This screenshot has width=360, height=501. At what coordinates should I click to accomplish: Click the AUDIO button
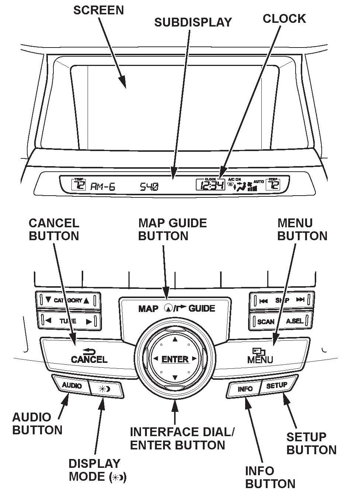point(72,385)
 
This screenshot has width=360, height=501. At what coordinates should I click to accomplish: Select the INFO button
point(245,389)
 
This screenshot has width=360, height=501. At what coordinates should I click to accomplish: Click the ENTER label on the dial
point(175,359)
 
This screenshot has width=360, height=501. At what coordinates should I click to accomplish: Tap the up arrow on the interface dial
point(175,339)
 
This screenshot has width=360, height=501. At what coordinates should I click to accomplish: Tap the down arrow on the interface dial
point(175,378)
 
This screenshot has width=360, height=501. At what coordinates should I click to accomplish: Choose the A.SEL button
point(294,321)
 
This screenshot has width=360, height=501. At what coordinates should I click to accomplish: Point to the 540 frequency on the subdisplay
point(149,187)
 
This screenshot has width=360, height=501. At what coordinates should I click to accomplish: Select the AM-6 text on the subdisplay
point(103,187)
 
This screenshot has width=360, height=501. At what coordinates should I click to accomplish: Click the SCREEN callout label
point(98,10)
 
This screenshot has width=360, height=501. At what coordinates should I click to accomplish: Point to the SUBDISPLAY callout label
point(193,22)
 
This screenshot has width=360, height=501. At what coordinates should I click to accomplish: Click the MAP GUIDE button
point(176,308)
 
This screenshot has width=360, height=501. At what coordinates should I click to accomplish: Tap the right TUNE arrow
point(89,321)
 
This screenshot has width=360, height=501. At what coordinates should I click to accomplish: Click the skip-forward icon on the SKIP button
point(300,300)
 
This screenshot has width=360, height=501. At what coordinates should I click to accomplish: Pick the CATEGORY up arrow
point(87,300)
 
